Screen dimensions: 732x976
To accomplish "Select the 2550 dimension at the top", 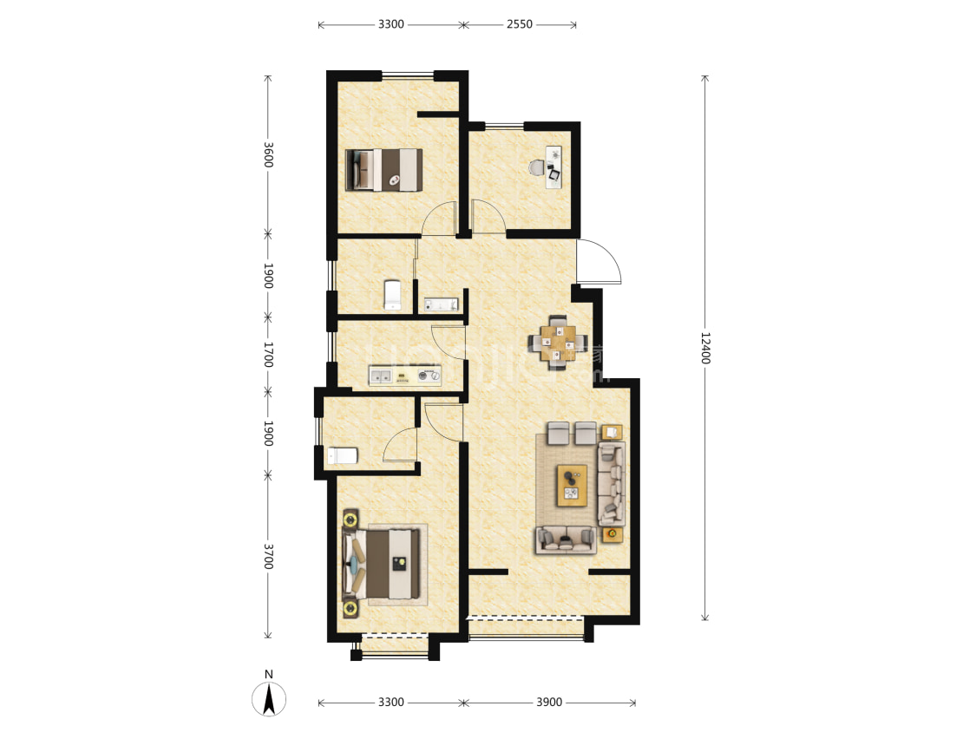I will pyautogui.click(x=519, y=24).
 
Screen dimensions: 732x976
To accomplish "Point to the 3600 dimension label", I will pyautogui.click(x=268, y=154).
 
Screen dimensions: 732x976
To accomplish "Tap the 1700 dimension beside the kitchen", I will pyautogui.click(x=268, y=354).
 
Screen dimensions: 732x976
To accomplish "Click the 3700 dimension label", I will pyautogui.click(x=268, y=557).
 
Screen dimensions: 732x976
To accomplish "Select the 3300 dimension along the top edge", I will pyautogui.click(x=390, y=24).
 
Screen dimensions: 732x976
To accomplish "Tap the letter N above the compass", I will pyautogui.click(x=269, y=674).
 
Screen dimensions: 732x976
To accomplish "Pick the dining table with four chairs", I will pyautogui.click(x=558, y=342).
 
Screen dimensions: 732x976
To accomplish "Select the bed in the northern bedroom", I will pyautogui.click(x=384, y=169).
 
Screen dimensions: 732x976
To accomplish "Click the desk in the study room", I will pyautogui.click(x=554, y=165).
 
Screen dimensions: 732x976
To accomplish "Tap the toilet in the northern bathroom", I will pyautogui.click(x=392, y=294).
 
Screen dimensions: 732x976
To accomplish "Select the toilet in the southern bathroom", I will pyautogui.click(x=342, y=454).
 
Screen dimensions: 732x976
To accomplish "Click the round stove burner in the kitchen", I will pyautogui.click(x=426, y=376).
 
